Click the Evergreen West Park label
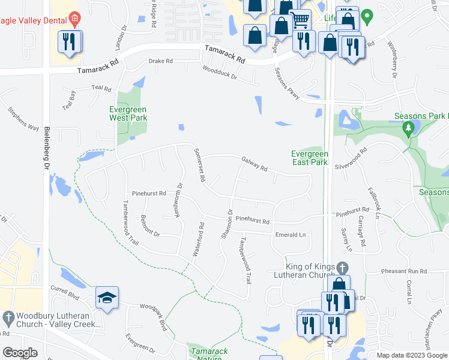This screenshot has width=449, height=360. click(128, 113)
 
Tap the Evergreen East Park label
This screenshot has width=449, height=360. click(309, 158)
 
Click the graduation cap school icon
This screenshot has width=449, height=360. click(107, 298)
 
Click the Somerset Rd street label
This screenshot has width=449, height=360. click(199, 165)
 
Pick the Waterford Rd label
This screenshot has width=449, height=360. click(199, 240)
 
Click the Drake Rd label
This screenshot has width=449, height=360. click(160, 61)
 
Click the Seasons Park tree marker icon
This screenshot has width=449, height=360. click(408, 128)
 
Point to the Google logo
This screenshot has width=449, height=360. click(20, 353)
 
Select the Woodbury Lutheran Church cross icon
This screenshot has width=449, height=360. click(8, 316)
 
